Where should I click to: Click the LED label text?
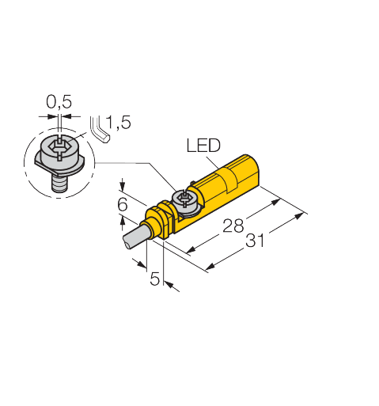(x=203, y=145)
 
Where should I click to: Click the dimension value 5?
(x=155, y=279)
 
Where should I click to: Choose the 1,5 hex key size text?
(x=119, y=122)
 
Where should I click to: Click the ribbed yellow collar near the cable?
(x=161, y=217)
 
